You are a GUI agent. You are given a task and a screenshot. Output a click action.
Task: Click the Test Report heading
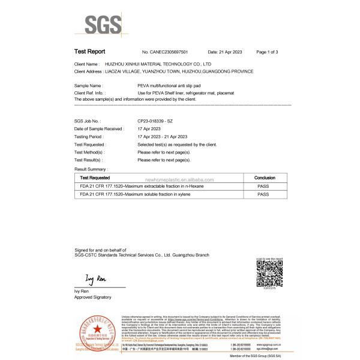[90, 52]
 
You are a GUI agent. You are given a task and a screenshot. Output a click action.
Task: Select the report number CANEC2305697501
[167, 53]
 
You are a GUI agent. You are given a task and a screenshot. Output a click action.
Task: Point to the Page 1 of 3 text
[267, 53]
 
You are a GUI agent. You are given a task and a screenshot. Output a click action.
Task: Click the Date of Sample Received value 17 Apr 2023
[149, 129]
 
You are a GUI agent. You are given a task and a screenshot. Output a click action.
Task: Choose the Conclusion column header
[265, 178]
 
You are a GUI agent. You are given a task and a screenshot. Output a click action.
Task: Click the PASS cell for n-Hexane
[265, 187]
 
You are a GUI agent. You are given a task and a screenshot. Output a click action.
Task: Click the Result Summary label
[90, 170]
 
